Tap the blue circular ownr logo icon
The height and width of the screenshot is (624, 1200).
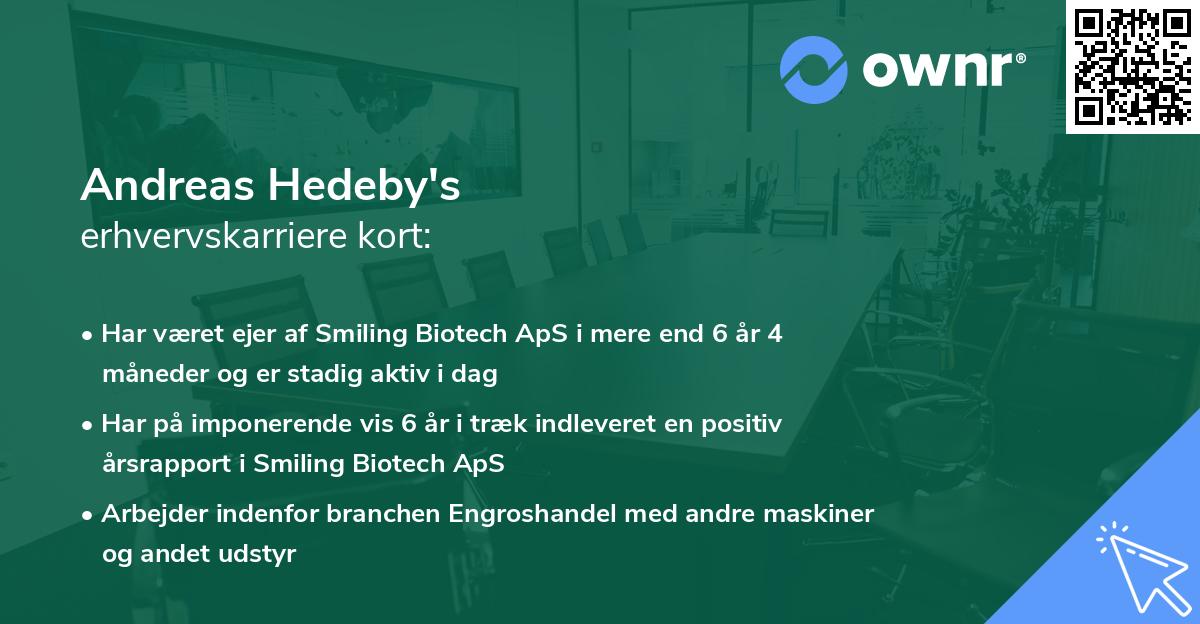814,70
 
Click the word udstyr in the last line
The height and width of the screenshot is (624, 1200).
265,555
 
